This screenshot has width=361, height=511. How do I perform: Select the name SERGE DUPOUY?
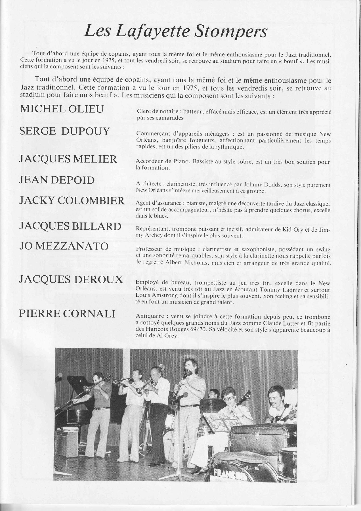point(64,131)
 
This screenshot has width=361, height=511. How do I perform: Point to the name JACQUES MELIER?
point(68,159)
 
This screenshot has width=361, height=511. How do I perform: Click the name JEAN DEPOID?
point(57,180)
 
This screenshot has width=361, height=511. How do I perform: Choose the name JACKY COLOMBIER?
point(72,201)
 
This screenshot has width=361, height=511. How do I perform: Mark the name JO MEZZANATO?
point(64,246)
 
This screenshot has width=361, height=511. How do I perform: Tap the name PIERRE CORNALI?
point(67,314)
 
